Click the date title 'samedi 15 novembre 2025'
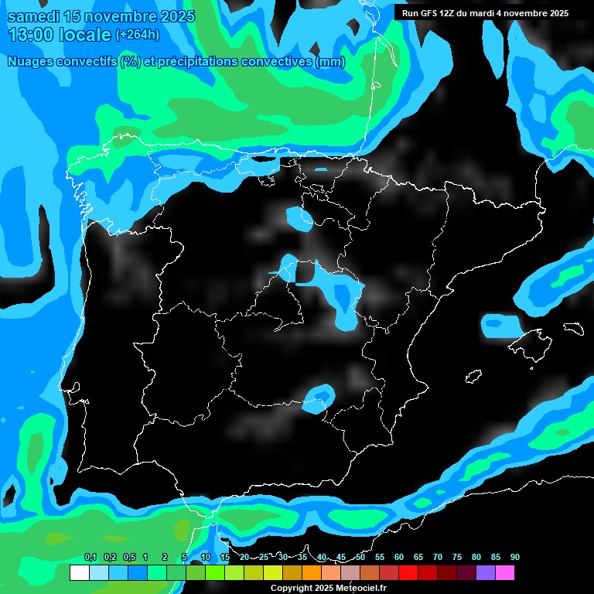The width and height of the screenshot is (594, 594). pyautogui.click(x=101, y=16)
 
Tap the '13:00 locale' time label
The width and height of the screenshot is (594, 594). pyautogui.click(x=59, y=34)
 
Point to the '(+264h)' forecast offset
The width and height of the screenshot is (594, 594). pyautogui.click(x=137, y=34)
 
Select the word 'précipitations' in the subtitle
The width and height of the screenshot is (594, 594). pyautogui.click(x=196, y=62)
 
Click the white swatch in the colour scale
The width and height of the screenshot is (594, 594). pyautogui.click(x=79, y=573)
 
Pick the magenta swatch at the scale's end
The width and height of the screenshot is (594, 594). pyautogui.click(x=505, y=573)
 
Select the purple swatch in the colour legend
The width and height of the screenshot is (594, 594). pyautogui.click(x=486, y=573)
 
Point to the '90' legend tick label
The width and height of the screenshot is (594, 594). pyautogui.click(x=515, y=558)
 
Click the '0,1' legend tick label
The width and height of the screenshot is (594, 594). pyautogui.click(x=90, y=558)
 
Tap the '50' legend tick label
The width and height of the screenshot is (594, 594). pyautogui.click(x=360, y=558)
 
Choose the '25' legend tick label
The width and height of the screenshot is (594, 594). pyautogui.click(x=264, y=558)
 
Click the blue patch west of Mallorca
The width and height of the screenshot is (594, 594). pyautogui.click(x=500, y=326)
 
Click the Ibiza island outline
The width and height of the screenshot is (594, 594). pyautogui.click(x=473, y=376)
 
